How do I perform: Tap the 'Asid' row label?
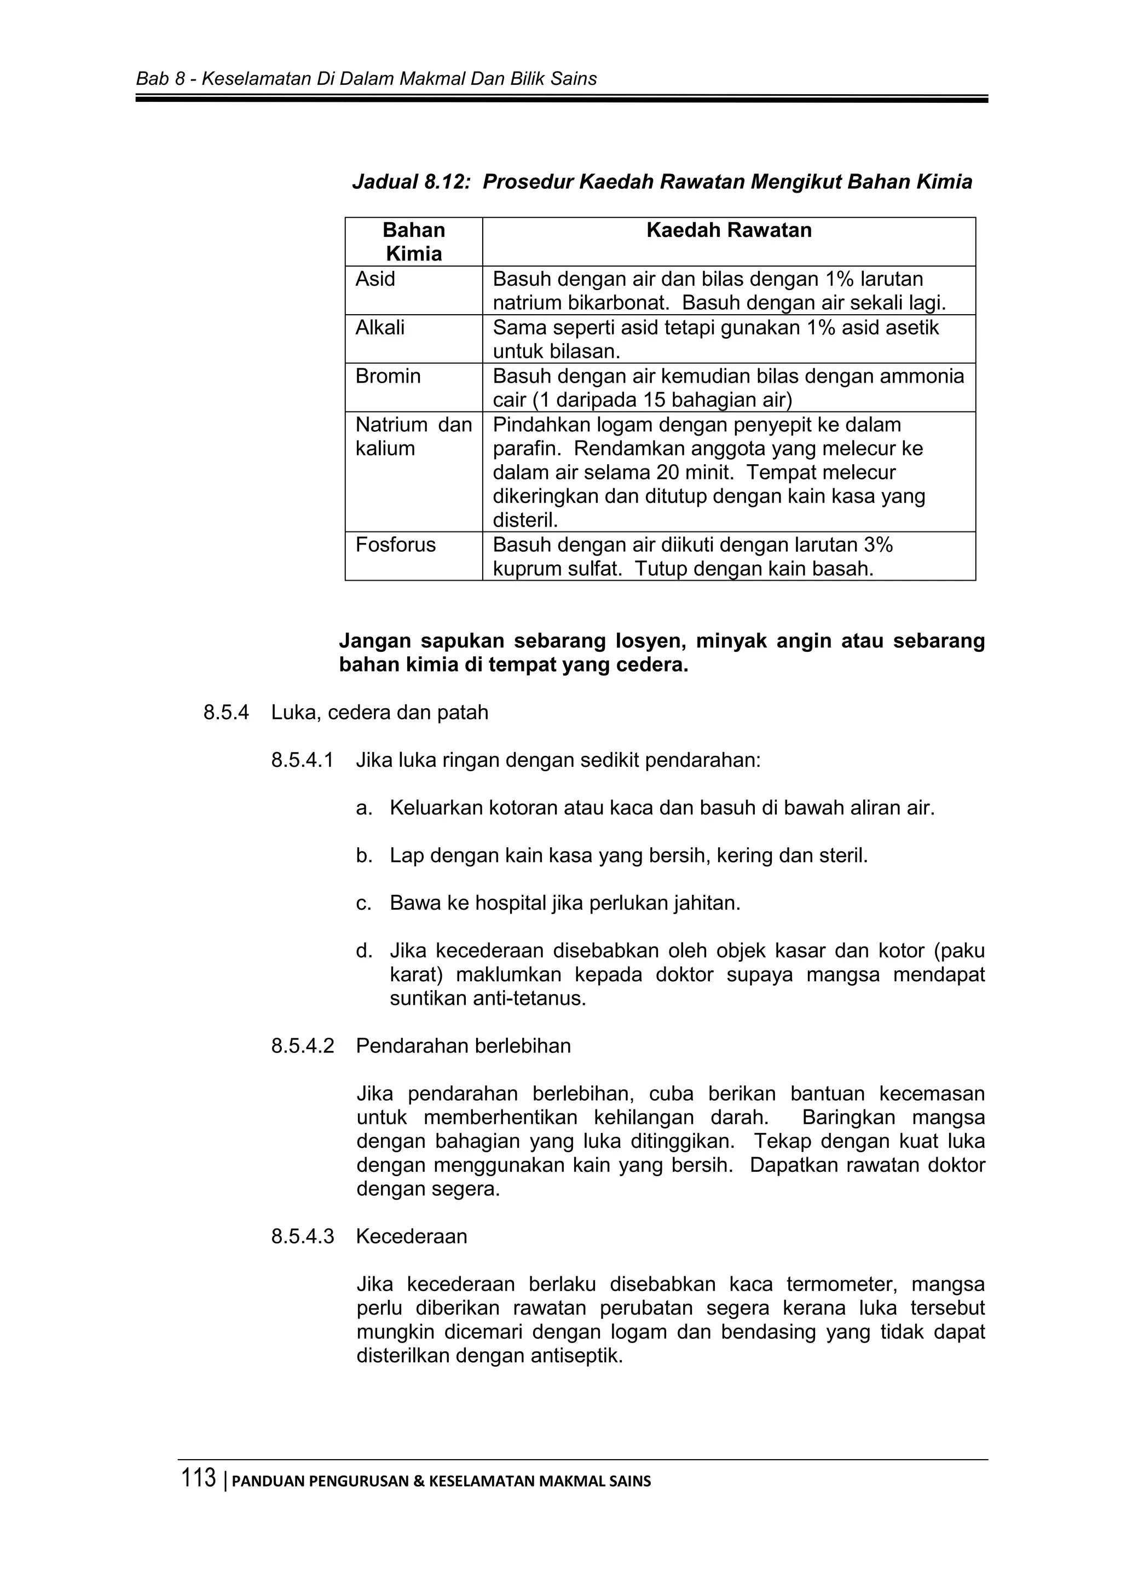pyautogui.click(x=375, y=279)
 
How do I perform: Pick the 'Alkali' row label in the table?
pyautogui.click(x=380, y=327)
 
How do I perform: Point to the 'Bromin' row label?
pyautogui.click(x=388, y=376)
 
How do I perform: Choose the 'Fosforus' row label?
pyautogui.click(x=396, y=545)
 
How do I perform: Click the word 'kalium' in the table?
pyautogui.click(x=385, y=449)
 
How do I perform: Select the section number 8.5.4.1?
pyautogui.click(x=302, y=761)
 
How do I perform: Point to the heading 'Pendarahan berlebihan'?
pyautogui.click(x=463, y=1046)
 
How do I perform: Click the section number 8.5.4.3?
pyautogui.click(x=302, y=1236)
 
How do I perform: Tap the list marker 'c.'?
pyautogui.click(x=364, y=904)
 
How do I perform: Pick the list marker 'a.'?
pyautogui.click(x=364, y=808)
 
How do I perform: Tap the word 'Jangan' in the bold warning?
pyautogui.click(x=373, y=641)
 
